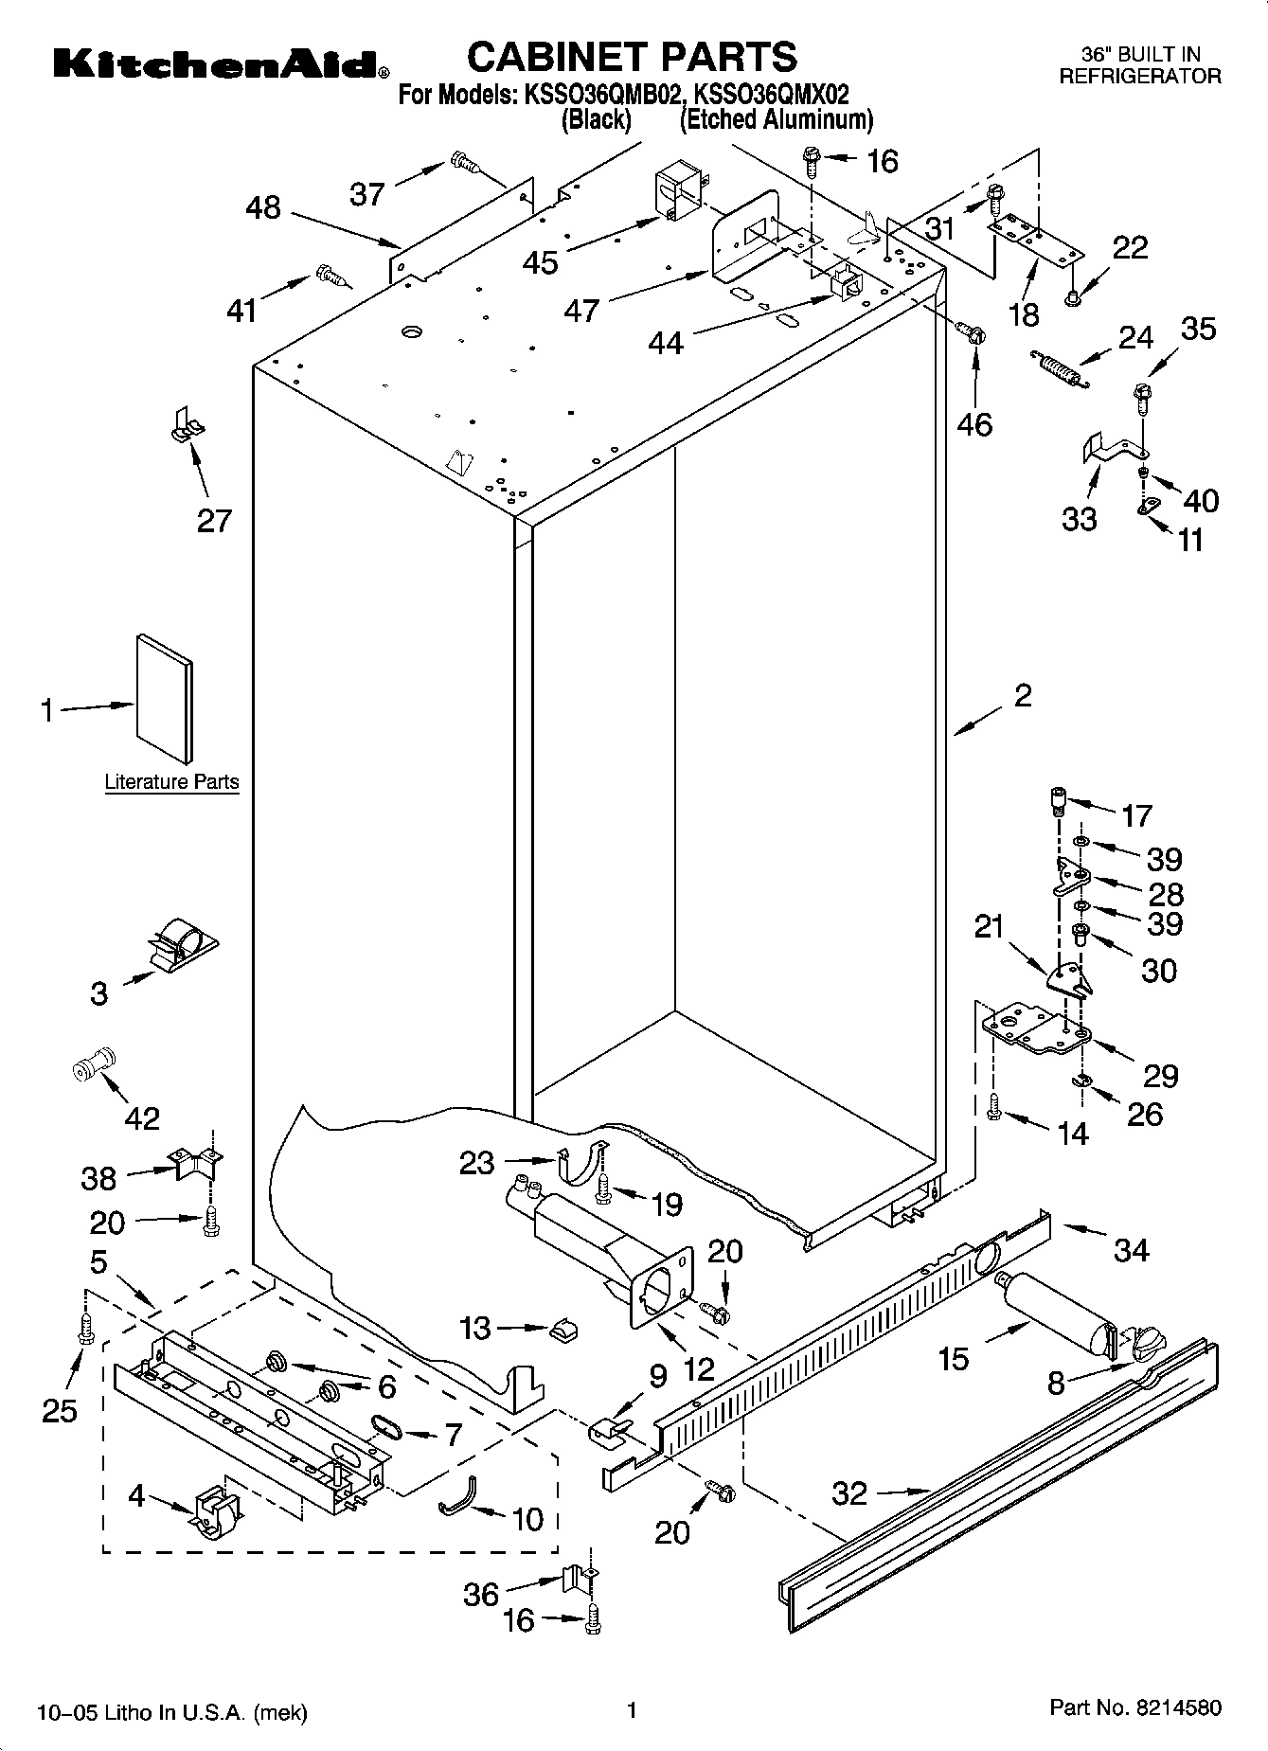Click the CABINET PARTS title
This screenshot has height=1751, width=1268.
632,57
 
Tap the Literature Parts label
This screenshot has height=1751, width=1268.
171,782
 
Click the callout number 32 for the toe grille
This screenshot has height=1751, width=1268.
849,1492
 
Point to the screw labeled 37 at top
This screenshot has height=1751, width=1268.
465,164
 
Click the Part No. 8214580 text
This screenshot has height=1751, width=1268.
1135,1706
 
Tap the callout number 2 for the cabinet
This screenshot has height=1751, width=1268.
1023,696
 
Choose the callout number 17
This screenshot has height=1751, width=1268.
1136,814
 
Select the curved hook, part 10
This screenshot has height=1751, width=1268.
458,1496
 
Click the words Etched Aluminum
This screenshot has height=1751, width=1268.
777,120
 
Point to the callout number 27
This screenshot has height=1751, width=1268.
214,520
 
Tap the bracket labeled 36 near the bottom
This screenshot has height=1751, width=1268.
578,1578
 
